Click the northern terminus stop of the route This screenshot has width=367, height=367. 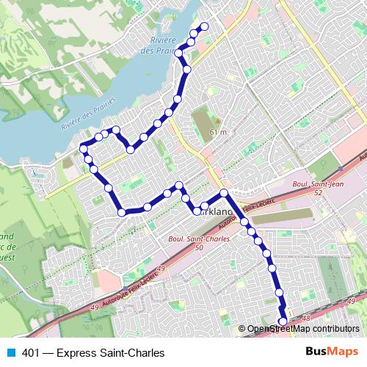pyautogui.click(x=204, y=27)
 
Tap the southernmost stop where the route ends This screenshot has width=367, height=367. pyautogui.click(x=283, y=320)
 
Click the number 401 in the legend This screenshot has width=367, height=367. pyautogui.click(x=31, y=352)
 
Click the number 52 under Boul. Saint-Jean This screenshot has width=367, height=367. pyautogui.click(x=317, y=192)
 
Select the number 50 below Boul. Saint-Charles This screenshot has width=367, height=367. pyautogui.click(x=200, y=248)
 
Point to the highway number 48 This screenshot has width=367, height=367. pyautogui.click(x=306, y=318)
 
